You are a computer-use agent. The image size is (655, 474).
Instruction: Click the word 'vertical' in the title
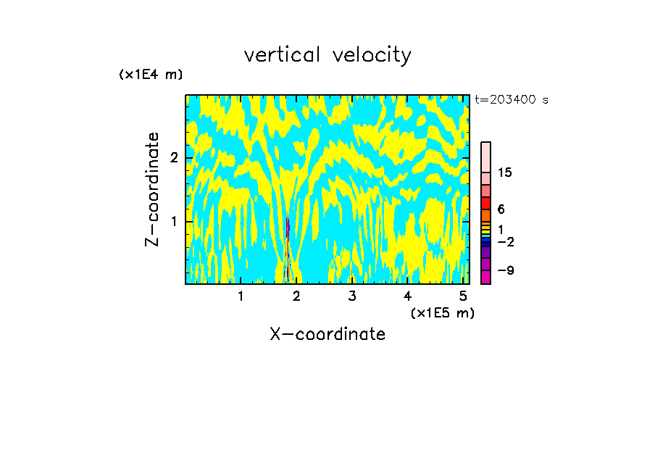click(x=279, y=55)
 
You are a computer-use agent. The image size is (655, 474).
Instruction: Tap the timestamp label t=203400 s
click(x=512, y=100)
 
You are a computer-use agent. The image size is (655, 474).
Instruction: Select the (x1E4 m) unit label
click(x=151, y=75)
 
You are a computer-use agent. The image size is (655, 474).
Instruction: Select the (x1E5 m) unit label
click(x=442, y=312)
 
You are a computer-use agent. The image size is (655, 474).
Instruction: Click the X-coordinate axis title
click(x=327, y=334)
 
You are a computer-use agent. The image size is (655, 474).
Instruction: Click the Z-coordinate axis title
click(x=152, y=189)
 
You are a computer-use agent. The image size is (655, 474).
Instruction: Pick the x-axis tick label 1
click(x=241, y=296)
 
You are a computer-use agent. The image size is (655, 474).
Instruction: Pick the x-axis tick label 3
click(x=352, y=296)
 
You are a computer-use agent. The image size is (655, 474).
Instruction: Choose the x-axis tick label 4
click(x=408, y=296)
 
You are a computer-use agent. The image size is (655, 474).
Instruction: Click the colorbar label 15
click(x=505, y=172)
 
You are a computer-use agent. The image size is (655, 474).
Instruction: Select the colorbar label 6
click(x=501, y=209)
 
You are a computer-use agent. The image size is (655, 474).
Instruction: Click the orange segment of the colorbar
click(x=486, y=215)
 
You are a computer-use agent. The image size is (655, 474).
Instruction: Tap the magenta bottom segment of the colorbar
click(x=486, y=277)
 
